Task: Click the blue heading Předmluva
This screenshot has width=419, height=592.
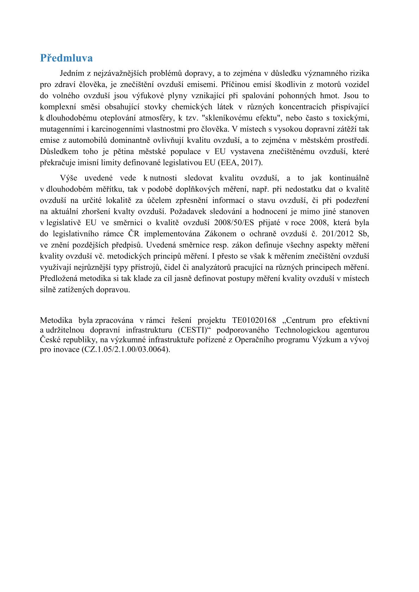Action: pyautogui.click(x=66, y=58)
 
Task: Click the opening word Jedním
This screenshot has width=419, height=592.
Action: pyautogui.click(x=72, y=73)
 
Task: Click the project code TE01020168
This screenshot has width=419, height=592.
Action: pyautogui.click(x=254, y=320)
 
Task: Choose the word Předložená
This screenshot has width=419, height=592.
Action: pyautogui.click(x=60, y=279)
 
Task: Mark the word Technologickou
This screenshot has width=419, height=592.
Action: pyautogui.click(x=302, y=330)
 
